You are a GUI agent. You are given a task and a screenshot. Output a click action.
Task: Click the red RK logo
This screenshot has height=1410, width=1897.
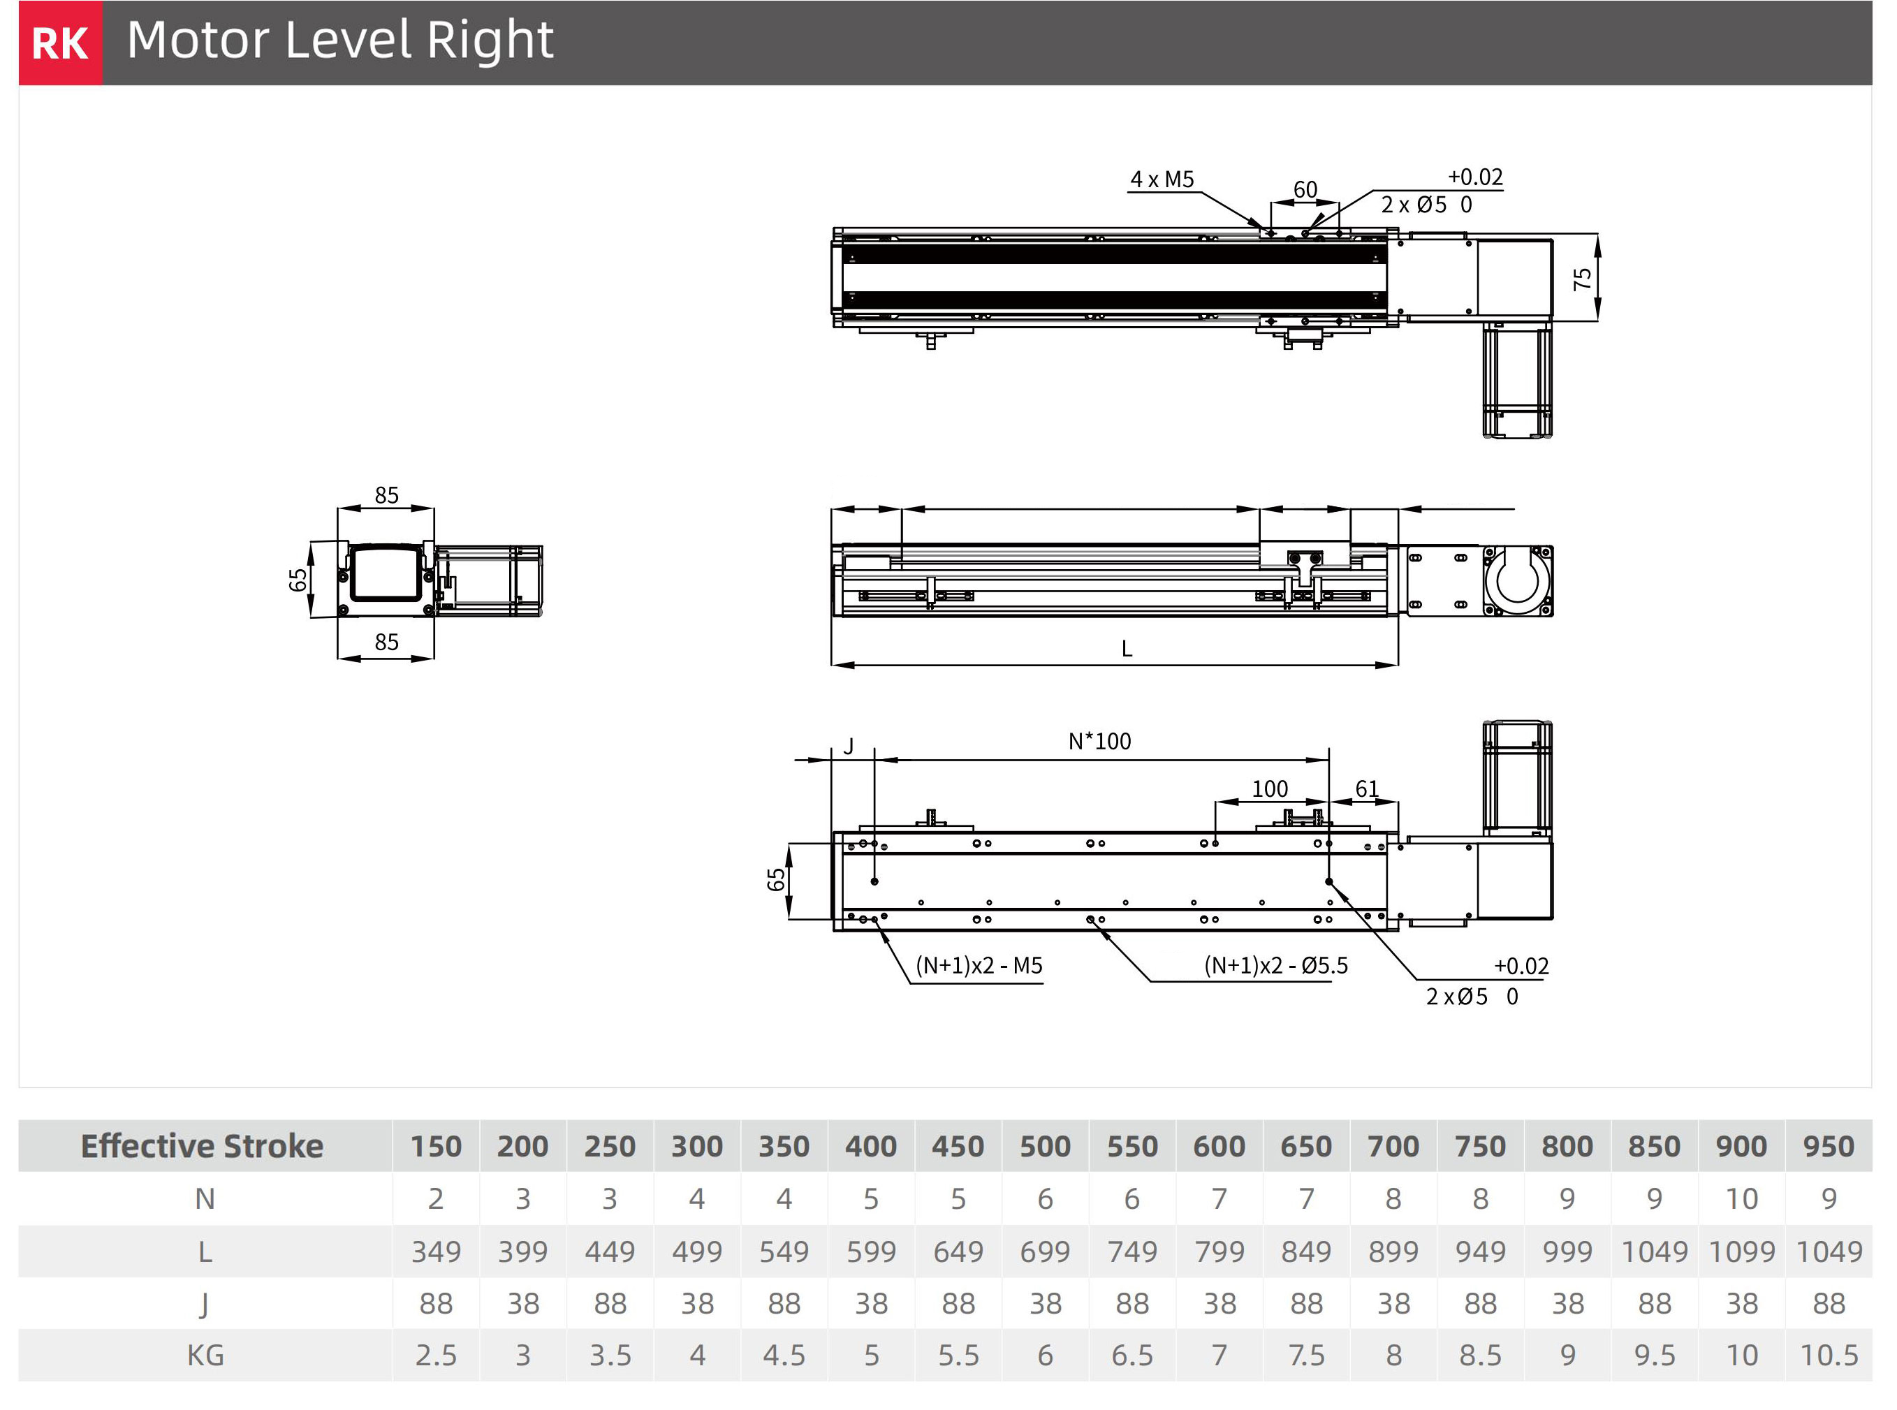pyautogui.click(x=60, y=43)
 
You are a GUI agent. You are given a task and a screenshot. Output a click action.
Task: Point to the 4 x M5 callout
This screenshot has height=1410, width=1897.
pyautogui.click(x=1162, y=179)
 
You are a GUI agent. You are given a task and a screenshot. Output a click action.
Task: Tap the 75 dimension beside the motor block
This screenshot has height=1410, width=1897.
pyautogui.click(x=1583, y=278)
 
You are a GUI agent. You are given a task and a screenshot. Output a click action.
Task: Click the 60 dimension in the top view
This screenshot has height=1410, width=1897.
pyautogui.click(x=1305, y=189)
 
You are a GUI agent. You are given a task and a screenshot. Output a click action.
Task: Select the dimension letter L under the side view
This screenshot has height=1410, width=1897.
pyautogui.click(x=1127, y=649)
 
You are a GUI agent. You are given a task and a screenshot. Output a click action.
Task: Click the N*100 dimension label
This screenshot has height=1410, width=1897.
pyautogui.click(x=1099, y=741)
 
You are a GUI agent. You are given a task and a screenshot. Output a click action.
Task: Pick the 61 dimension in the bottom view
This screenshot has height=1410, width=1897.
pyautogui.click(x=1367, y=788)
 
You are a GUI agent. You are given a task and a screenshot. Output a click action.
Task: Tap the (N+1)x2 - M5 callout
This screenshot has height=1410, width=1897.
pyautogui.click(x=979, y=965)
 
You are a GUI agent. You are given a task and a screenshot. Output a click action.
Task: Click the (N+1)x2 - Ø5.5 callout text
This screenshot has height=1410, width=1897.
pyautogui.click(x=1275, y=965)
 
